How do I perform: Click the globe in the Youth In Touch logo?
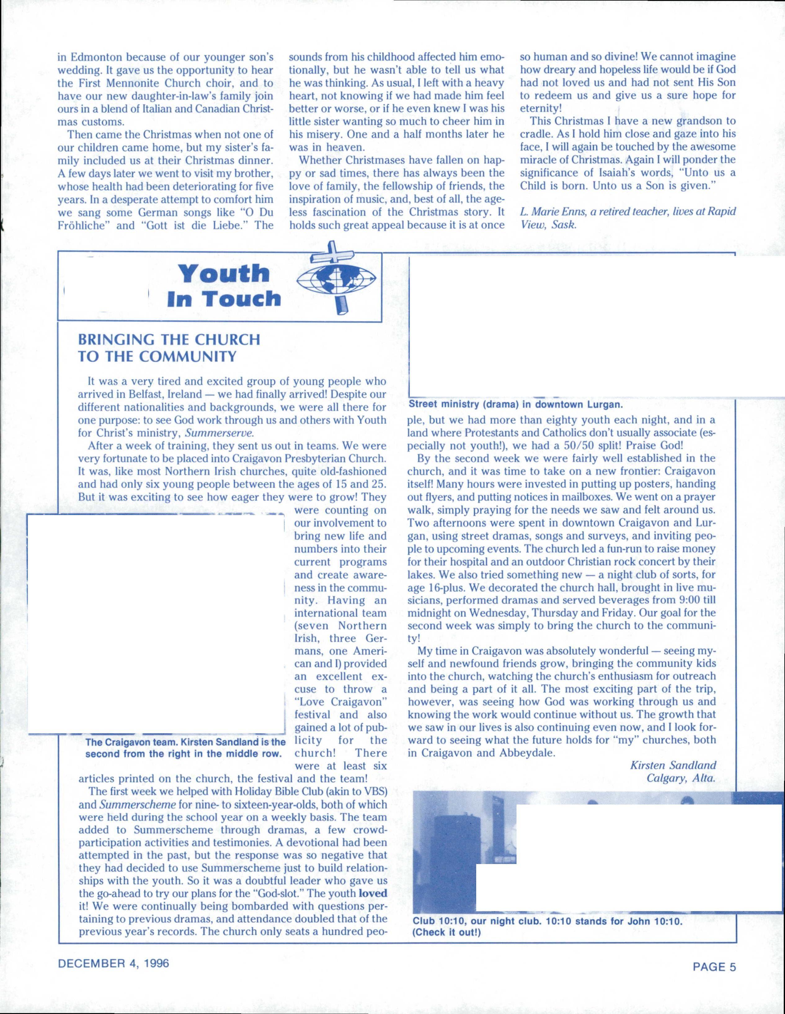[x=336, y=280]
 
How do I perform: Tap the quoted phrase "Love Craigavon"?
[x=340, y=702]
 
